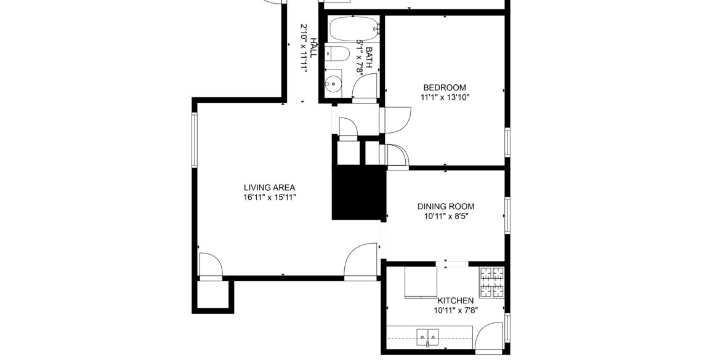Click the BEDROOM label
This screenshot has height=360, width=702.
tap(445, 87)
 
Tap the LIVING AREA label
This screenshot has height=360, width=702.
tap(270, 188)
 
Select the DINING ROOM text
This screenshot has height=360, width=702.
tap(446, 207)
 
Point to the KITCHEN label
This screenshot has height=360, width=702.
tap(455, 300)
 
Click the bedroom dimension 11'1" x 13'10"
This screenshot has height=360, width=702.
tap(445, 97)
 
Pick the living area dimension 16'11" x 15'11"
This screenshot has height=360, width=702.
tap(270, 197)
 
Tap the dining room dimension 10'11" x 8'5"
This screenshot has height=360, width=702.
tap(446, 216)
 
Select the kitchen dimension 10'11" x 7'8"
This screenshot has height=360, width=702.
tap(456, 310)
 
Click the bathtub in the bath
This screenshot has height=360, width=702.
tap(353, 29)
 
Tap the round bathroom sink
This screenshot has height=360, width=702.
tap(333, 83)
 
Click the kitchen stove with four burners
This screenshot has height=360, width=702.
tap(491, 282)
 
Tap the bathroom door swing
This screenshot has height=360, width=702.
tap(365, 86)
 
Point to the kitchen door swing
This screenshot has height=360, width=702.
tap(489, 336)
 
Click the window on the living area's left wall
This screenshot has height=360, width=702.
tap(195, 140)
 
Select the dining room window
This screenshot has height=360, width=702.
tap(507, 215)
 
